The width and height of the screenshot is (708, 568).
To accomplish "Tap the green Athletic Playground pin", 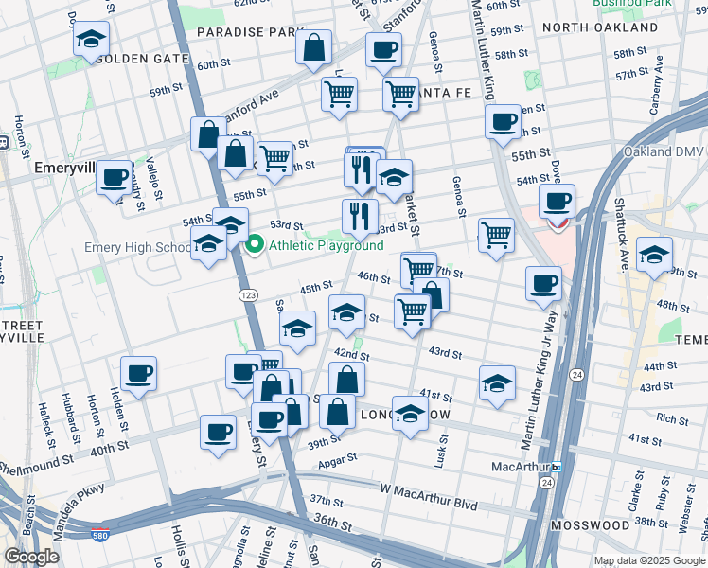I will click(x=254, y=246).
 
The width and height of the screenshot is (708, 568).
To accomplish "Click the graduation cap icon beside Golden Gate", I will click(x=91, y=40).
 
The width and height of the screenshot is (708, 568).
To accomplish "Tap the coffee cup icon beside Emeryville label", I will click(x=115, y=177).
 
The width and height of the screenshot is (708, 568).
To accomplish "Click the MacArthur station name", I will click(x=521, y=467).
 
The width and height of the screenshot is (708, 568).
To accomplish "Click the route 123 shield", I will click(x=248, y=296).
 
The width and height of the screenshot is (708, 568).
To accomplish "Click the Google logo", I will click(x=32, y=556).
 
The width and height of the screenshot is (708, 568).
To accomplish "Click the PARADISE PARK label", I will click(x=249, y=32).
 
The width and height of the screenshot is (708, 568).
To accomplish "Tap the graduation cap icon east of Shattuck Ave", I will click(x=653, y=253).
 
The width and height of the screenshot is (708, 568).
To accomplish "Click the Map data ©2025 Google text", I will click(x=648, y=559).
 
